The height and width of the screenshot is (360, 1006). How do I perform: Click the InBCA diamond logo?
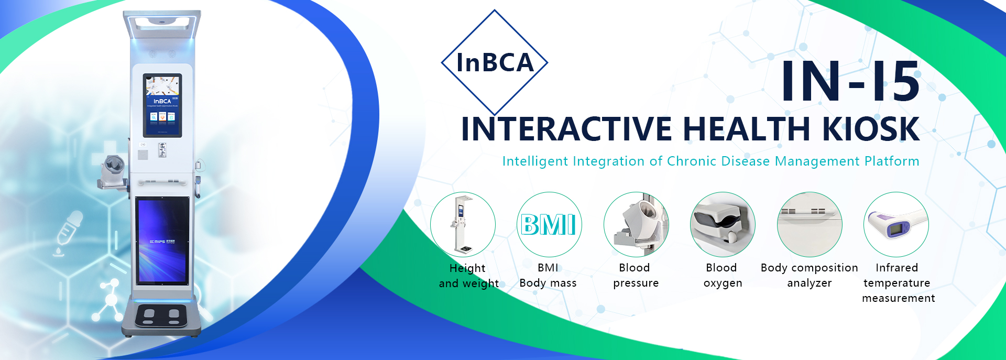[495, 63]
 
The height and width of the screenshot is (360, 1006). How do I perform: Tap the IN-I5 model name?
[850, 81]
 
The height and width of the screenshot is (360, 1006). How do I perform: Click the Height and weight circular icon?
[463, 224]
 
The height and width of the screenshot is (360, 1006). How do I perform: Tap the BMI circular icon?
[549, 224]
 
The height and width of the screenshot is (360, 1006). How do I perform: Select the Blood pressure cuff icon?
[636, 224]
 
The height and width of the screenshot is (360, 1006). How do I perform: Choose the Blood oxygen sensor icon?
[723, 224]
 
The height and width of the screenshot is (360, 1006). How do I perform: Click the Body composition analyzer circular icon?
[810, 224]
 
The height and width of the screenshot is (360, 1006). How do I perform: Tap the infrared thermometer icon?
[896, 224]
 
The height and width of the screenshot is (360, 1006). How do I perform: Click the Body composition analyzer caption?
[810, 275]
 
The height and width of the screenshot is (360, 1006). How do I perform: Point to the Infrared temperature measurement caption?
[898, 283]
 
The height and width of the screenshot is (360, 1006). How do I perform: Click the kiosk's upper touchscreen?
[162, 105]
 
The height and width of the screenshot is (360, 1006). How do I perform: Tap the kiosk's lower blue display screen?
[162, 241]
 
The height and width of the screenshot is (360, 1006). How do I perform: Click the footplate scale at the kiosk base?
[161, 315]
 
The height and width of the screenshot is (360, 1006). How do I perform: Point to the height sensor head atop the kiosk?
[162, 24]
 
